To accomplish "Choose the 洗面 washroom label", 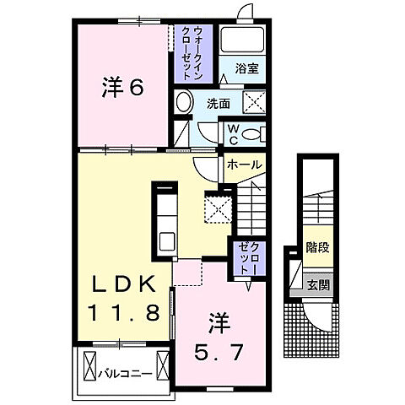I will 218,104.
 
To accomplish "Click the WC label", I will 234,133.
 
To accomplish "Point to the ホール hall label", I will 245,165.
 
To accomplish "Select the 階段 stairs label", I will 317,250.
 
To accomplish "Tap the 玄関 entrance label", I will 318,284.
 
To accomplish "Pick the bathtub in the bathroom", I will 243,41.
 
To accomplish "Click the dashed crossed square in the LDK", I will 219,208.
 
